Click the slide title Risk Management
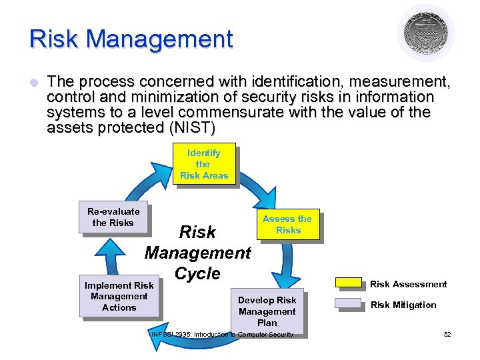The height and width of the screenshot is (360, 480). (x=131, y=39)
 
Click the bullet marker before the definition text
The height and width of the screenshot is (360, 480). (x=34, y=83)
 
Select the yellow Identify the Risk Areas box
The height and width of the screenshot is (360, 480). (x=203, y=164)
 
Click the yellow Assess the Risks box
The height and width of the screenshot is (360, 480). (x=288, y=225)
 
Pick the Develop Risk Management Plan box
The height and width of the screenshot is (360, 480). (x=267, y=311)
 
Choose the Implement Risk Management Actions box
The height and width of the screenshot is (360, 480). (x=119, y=296)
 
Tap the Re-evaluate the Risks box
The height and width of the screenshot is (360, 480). (x=113, y=217)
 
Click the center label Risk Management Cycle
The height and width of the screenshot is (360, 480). (x=197, y=253)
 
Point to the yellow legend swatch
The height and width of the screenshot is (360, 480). (x=348, y=283)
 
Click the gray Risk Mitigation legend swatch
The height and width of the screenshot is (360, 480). (x=348, y=305)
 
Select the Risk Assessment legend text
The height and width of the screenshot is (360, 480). (x=408, y=284)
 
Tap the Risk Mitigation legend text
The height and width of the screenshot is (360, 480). (x=403, y=305)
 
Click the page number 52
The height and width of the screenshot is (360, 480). (x=447, y=334)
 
